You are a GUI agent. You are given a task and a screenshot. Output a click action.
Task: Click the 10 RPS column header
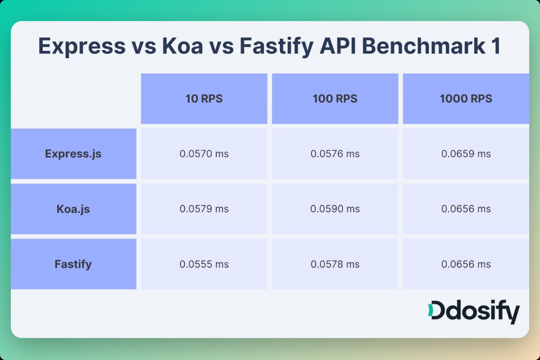[x=204, y=99]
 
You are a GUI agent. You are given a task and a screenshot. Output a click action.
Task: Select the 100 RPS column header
[x=335, y=99]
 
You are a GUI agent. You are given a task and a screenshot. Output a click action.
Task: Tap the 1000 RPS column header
[x=466, y=99]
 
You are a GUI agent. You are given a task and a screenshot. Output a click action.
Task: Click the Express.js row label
[x=73, y=154]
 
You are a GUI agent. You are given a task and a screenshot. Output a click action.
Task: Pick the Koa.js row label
[x=73, y=209]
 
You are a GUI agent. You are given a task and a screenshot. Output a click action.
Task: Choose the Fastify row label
[x=73, y=264]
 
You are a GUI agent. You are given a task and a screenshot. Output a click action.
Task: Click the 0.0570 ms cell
[x=204, y=154]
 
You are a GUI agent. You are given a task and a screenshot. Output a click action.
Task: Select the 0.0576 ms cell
[x=335, y=154]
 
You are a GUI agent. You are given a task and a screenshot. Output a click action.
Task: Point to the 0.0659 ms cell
[x=466, y=154]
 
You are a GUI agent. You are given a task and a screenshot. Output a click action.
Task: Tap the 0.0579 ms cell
[x=204, y=209]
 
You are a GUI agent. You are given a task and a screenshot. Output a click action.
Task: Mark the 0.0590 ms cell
[x=335, y=209]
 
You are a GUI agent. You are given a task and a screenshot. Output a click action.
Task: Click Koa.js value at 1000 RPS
[x=466, y=209]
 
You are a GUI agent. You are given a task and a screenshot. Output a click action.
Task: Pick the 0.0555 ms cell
[x=204, y=264]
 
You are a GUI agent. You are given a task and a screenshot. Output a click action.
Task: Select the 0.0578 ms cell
[x=335, y=264]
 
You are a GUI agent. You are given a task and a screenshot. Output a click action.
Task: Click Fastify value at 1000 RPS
[x=466, y=264]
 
